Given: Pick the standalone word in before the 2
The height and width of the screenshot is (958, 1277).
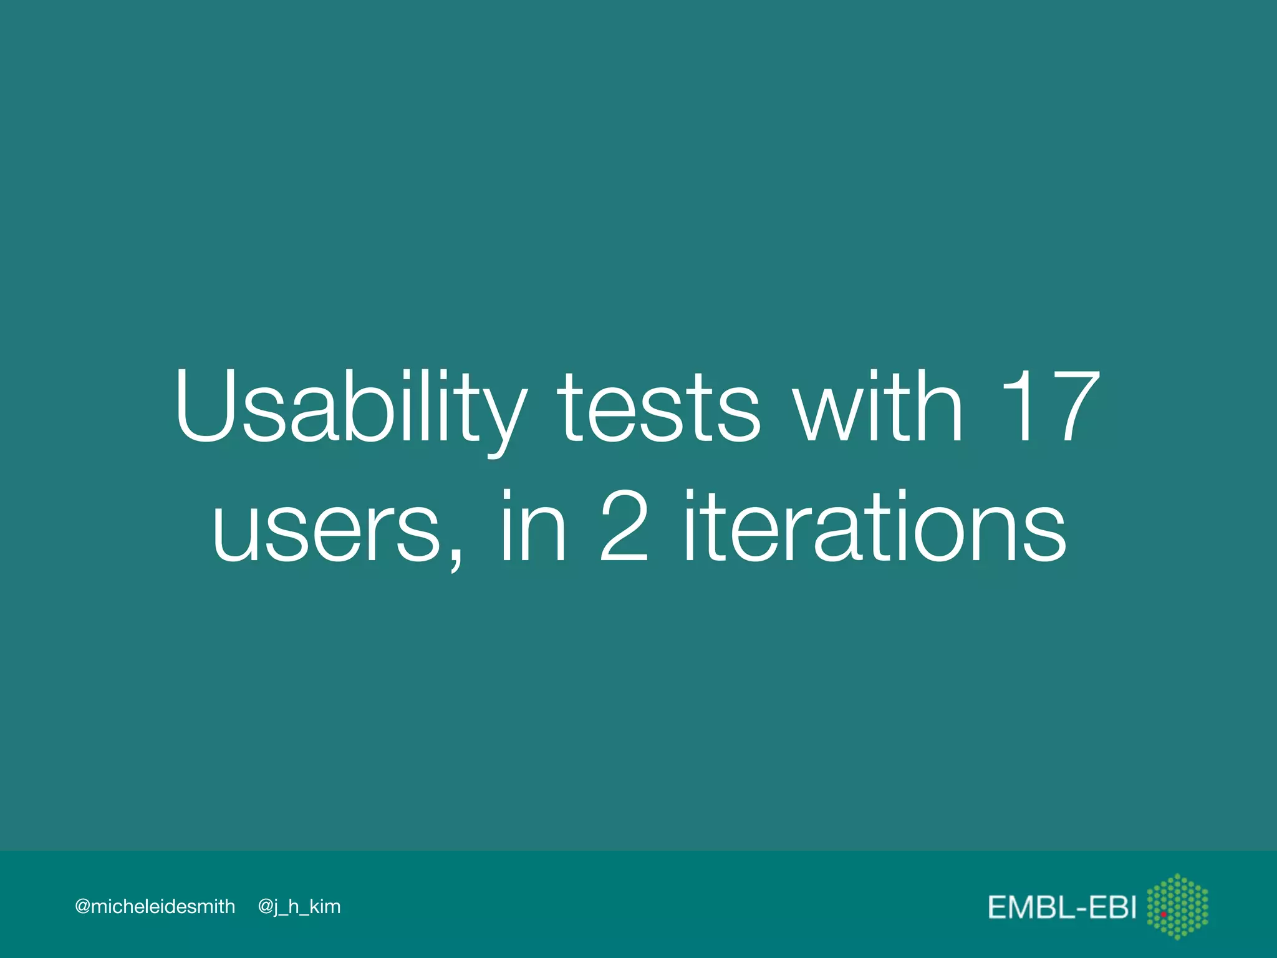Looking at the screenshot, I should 534,527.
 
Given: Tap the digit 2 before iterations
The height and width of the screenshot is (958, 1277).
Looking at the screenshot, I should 624,527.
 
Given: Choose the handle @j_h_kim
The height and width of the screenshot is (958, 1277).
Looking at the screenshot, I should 299,906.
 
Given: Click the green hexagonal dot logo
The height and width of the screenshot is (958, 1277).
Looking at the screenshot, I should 1177,906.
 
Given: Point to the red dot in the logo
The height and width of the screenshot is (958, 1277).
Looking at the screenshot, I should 1164,914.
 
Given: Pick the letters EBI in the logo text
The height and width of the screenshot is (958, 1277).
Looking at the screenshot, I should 1113,907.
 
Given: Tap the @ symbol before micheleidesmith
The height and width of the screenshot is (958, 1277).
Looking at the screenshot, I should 82,906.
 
